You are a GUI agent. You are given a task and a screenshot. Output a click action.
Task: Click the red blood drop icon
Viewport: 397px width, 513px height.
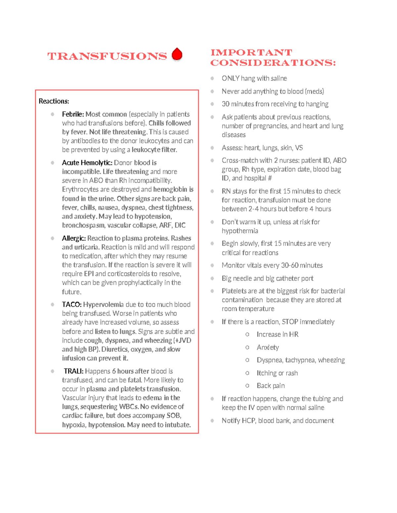pos(177,55)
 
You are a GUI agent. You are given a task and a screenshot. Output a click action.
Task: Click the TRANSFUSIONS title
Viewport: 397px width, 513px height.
pos(107,56)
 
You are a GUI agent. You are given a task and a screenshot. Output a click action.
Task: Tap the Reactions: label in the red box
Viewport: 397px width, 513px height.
pos(54,101)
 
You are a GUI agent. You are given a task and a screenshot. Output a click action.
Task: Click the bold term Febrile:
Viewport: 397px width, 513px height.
pos(73,114)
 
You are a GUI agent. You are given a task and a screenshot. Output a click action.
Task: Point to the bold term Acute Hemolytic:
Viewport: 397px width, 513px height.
pos(87,163)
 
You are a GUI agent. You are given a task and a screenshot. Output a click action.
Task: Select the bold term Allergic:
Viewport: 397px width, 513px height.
pos(74,238)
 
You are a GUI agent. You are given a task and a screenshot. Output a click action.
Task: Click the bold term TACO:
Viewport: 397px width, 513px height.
pos(71,305)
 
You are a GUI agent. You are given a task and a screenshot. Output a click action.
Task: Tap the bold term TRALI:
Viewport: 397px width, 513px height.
pos(73,371)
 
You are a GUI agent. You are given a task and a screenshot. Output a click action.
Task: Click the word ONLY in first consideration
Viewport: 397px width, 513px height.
pos(230,78)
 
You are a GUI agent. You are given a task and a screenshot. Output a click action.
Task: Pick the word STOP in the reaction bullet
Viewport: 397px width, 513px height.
pos(290,322)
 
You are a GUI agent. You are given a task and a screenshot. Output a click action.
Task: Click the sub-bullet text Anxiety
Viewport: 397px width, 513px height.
pos(268,348)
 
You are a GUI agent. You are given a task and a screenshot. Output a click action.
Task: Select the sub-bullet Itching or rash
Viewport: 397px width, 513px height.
pos(277,373)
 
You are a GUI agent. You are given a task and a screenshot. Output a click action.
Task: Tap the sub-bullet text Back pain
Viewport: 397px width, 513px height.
pos(270,386)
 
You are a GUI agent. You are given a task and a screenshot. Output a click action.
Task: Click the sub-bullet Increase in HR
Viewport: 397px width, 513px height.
pos(277,335)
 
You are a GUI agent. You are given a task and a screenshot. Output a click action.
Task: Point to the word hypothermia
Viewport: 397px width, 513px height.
pos(240,231)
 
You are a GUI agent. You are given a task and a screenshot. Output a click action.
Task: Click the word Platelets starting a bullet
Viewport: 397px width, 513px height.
pos(234,291)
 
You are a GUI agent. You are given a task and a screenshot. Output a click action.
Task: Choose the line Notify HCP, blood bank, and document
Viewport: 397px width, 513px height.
pos(278,421)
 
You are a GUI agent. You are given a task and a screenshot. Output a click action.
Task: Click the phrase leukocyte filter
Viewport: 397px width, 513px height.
pos(154,150)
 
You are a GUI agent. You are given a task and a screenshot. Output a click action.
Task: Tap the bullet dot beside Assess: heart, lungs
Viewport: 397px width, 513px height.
pos(212,148)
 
